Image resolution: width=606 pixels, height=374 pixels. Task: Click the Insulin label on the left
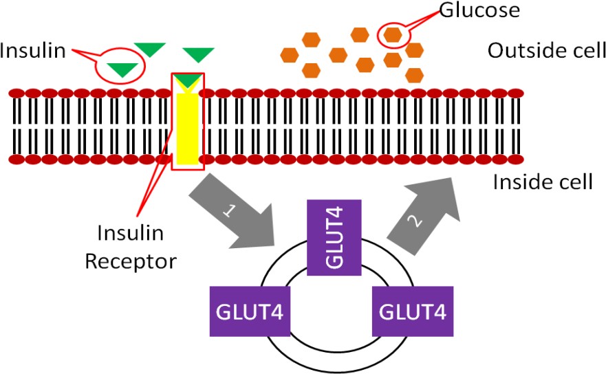(33, 50)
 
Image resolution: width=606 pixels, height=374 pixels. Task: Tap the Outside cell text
(546, 50)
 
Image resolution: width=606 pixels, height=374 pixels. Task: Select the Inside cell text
(542, 182)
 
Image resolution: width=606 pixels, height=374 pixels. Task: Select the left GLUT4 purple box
(247, 311)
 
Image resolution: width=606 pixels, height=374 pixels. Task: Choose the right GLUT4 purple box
(412, 311)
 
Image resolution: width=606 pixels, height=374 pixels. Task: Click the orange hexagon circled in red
(393, 32)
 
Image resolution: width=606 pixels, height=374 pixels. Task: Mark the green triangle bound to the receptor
(187, 81)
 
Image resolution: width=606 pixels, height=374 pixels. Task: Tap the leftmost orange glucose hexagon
(290, 54)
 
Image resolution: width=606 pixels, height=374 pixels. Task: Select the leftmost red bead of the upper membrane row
(17, 93)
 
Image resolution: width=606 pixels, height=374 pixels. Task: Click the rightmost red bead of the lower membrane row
(515, 159)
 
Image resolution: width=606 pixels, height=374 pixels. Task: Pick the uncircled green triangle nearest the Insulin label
(149, 49)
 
